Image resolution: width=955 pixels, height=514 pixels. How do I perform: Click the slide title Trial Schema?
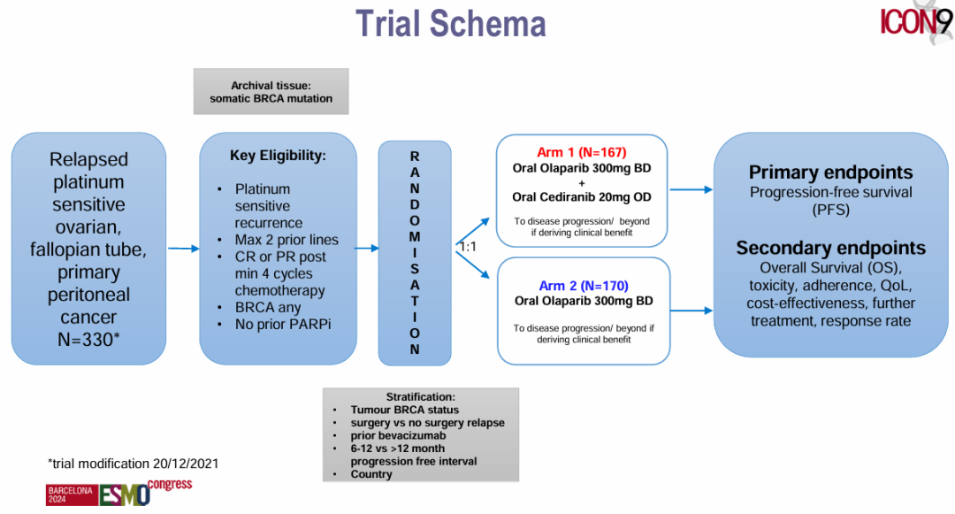point(450,24)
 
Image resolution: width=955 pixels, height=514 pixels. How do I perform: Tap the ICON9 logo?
point(916,23)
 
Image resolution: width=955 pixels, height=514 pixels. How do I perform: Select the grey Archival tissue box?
point(271,92)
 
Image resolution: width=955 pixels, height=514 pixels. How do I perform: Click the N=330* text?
point(88,340)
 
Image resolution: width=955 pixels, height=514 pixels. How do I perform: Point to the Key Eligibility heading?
point(278,156)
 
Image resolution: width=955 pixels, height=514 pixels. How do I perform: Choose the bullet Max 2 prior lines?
point(286,240)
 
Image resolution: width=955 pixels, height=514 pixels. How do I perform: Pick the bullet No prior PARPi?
point(283,325)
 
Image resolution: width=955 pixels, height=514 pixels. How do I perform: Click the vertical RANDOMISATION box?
point(415,253)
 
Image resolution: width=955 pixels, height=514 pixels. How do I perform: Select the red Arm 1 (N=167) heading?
point(581,152)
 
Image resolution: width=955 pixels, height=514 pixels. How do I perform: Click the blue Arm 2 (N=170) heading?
point(583,286)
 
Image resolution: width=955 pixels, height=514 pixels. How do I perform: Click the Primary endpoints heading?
point(830,173)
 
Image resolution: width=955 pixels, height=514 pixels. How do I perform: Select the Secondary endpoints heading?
point(830,249)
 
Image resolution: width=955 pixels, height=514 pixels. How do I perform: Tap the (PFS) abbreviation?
point(830,211)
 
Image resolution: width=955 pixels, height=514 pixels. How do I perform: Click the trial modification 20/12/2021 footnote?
point(133,464)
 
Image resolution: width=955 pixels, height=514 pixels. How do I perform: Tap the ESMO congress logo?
point(119,492)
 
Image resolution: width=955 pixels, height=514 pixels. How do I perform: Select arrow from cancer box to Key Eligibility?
point(183,249)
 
